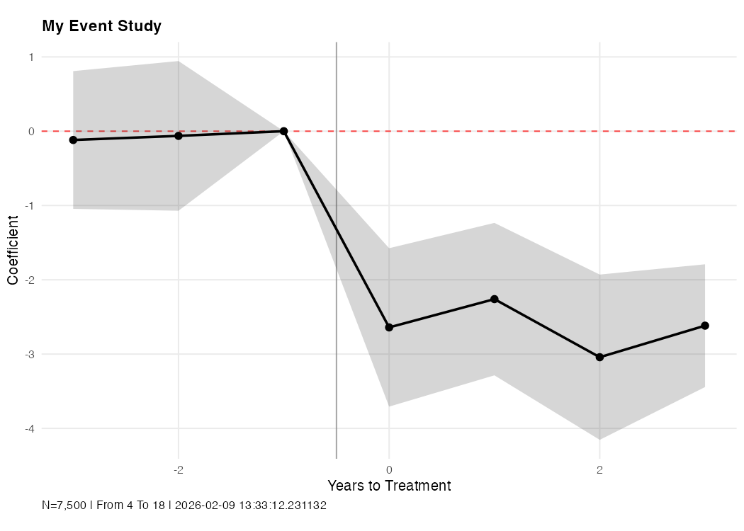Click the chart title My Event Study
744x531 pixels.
click(101, 26)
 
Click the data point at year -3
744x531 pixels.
click(73, 140)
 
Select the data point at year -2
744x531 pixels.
click(179, 136)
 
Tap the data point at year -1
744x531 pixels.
click(283, 131)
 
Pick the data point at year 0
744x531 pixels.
click(389, 327)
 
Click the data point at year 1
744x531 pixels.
click(494, 299)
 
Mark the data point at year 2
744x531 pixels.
click(599, 358)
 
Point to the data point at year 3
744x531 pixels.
click(705, 326)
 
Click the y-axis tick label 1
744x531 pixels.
click(31, 57)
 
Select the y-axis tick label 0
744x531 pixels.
click(31, 132)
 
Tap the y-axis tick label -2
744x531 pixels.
click(30, 280)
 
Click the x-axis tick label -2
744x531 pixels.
click(179, 469)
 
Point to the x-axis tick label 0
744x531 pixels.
click(389, 469)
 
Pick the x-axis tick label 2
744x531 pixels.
click(599, 469)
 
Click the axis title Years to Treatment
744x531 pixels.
click(388, 486)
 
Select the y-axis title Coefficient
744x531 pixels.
click(13, 250)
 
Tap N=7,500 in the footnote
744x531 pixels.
click(64, 506)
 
